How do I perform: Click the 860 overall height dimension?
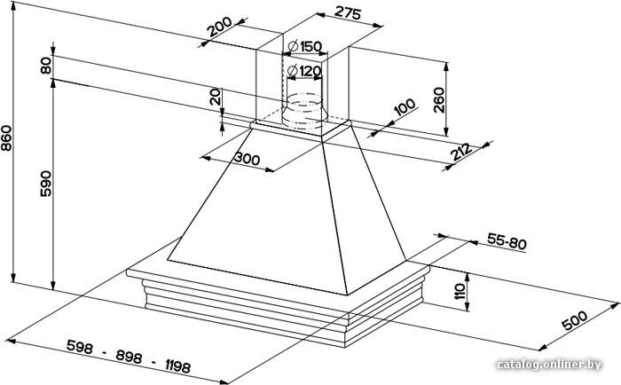7,137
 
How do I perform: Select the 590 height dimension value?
46,184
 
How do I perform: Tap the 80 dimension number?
46,66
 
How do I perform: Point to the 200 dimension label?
220,27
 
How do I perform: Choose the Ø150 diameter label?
305,47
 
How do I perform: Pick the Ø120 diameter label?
303,71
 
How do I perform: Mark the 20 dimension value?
215,97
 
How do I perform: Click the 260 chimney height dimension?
439,100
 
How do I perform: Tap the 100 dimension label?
405,107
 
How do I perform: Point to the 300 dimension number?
248,159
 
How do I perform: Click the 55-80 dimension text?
507,241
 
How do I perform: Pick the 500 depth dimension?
575,320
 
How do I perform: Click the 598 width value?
80,347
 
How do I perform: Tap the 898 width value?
129,357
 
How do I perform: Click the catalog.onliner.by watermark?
549,365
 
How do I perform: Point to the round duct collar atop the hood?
304,111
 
